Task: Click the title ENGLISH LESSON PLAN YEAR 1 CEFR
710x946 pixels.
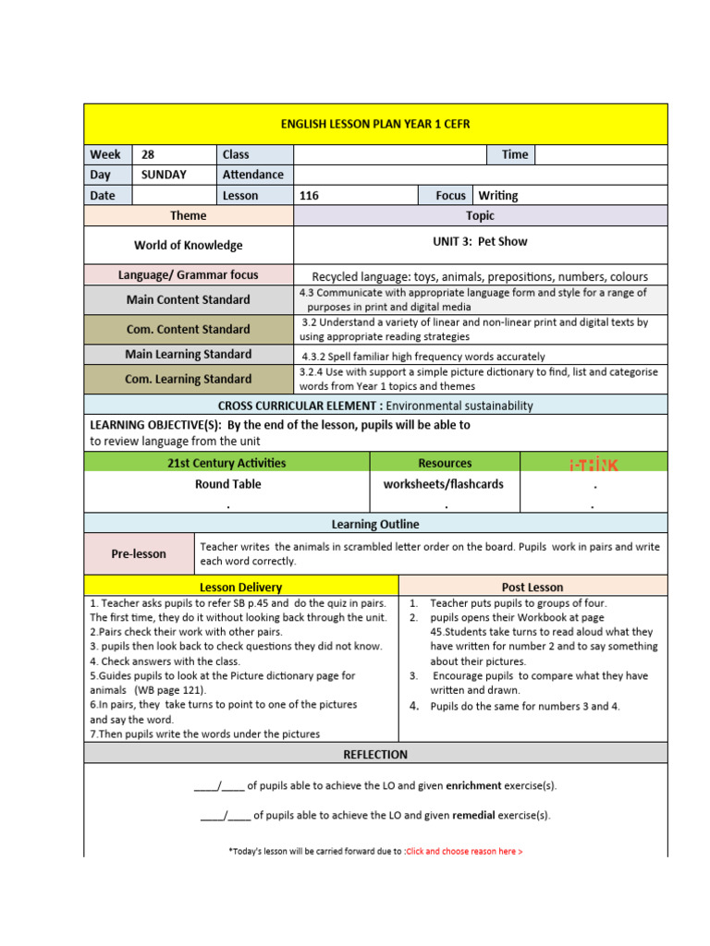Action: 374,124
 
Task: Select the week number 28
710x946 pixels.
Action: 148,154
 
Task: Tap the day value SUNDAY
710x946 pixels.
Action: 164,175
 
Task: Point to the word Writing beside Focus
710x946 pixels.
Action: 497,196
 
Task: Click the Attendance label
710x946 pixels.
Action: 253,175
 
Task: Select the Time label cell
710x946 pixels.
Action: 514,154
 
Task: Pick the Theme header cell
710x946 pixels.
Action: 189,215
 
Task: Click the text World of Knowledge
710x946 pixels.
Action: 189,245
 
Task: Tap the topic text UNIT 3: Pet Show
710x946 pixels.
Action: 480,241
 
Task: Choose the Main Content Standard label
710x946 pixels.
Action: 189,299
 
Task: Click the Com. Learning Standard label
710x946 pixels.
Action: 189,379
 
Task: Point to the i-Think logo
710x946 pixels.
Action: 593,463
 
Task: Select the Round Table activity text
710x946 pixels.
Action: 227,484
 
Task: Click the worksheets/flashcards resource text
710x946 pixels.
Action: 444,484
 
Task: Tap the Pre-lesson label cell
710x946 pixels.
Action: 139,553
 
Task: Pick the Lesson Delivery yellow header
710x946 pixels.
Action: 240,587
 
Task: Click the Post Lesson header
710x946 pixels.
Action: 532,587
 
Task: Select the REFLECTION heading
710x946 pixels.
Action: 374,754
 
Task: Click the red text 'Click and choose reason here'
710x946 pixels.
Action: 464,851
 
